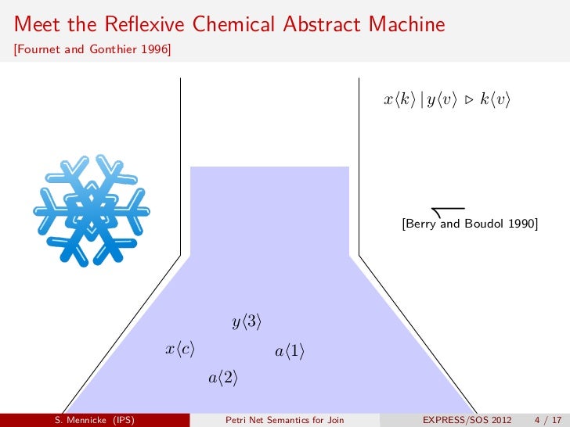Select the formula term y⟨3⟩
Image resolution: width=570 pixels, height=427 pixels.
[246, 321]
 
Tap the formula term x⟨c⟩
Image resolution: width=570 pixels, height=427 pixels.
[179, 350]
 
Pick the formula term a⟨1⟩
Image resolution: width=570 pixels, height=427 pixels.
[289, 352]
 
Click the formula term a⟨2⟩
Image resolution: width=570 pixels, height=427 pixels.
[222, 379]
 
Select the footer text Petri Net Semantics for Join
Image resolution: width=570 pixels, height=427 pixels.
[284, 420]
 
